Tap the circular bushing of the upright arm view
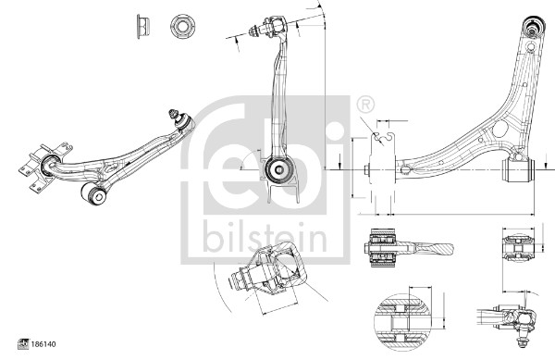coord(276,168)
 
